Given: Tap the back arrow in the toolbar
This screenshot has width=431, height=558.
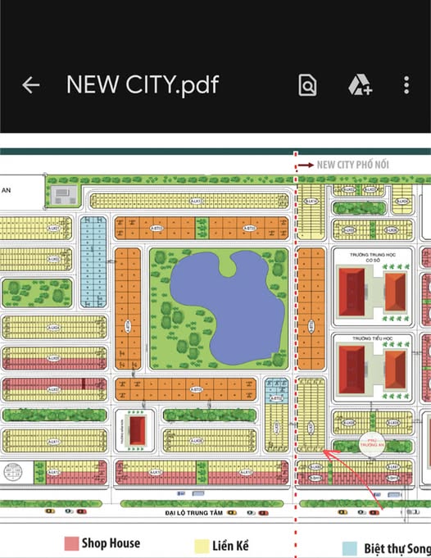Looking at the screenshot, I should tap(30, 84).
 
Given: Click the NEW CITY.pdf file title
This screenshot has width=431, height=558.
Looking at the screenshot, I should tap(142, 84).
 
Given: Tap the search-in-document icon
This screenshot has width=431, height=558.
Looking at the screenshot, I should tap(306, 84).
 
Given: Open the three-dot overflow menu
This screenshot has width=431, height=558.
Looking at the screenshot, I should tap(406, 84).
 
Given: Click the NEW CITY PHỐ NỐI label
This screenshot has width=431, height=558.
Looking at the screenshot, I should tap(363, 164).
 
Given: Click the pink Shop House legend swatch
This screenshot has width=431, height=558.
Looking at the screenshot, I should tap(71, 543).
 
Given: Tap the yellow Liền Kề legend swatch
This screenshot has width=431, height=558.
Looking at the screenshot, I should tap(200, 545).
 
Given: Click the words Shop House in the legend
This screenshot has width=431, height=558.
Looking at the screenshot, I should tap(111, 543).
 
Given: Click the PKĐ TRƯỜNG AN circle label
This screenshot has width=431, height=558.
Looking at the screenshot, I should tap(374, 443).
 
